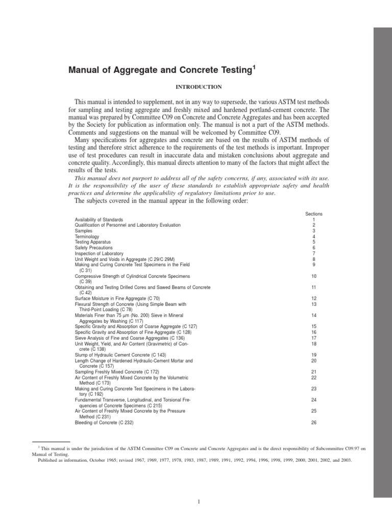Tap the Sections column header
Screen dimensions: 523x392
(313, 213)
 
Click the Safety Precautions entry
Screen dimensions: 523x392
(94, 248)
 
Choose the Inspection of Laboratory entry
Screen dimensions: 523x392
(99, 253)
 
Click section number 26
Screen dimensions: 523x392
(314, 422)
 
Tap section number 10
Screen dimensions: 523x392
(314, 276)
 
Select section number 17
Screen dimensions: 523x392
(314, 338)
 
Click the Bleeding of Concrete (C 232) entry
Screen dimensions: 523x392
(105, 422)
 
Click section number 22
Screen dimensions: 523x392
(314, 377)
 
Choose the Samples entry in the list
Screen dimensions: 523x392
(84, 231)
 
